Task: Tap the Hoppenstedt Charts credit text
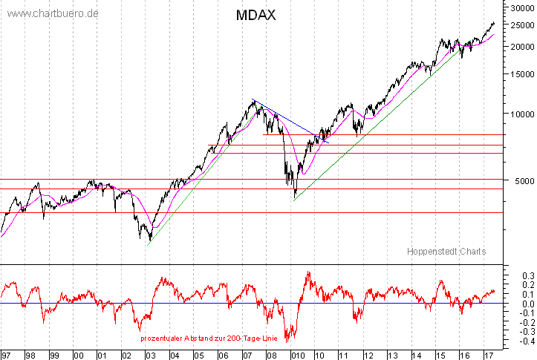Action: (446, 252)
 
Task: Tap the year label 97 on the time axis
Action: (7, 355)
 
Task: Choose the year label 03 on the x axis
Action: (151, 355)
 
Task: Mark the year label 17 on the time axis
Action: (486, 355)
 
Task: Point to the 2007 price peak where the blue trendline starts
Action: (254, 99)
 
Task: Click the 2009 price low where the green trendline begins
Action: (295, 199)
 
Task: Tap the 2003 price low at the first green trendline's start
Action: (149, 241)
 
